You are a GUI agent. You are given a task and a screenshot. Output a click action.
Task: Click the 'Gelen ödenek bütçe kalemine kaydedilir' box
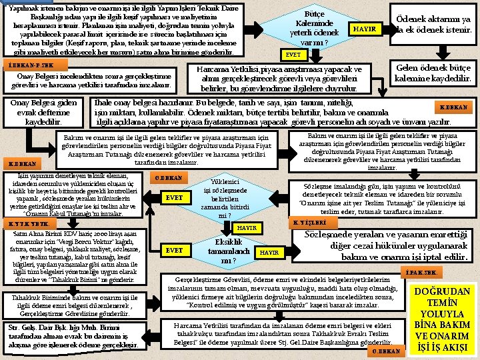[433, 73]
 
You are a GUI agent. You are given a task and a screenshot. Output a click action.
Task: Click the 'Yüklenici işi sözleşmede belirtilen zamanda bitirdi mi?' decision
[220, 199]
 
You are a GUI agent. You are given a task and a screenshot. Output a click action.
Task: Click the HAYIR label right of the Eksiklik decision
[269, 253]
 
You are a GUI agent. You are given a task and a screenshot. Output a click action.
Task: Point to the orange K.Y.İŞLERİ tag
[311, 222]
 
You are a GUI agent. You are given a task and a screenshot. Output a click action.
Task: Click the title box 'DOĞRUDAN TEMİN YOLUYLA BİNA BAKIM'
[443, 318]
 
